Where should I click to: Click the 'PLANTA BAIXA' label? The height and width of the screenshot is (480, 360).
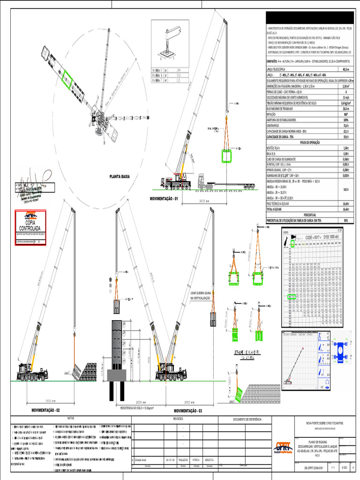[119, 177]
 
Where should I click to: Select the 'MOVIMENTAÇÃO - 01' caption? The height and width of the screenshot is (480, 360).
[164, 199]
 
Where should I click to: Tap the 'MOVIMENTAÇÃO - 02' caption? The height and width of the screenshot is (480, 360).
[45, 410]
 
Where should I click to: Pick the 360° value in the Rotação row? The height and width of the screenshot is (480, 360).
[346, 114]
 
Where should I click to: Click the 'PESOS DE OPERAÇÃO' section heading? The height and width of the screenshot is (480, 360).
[310, 141]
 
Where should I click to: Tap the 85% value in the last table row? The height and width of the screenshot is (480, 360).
[346, 220]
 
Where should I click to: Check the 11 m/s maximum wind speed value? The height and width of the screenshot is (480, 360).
[346, 97]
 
